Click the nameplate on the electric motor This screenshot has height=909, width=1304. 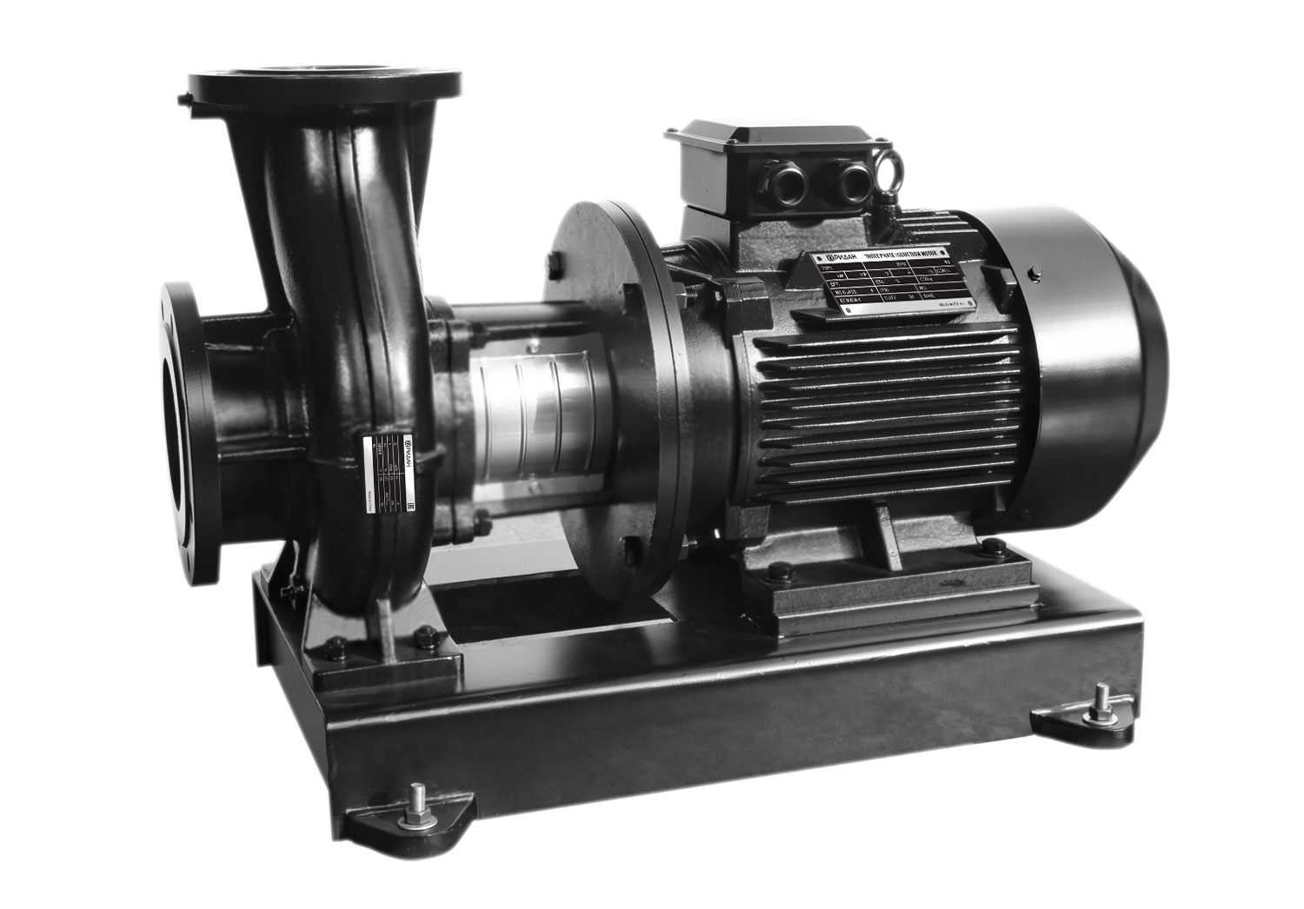pos(894,286)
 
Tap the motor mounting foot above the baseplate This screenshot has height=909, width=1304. pos(887,556)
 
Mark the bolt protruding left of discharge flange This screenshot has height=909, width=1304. pos(185,102)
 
